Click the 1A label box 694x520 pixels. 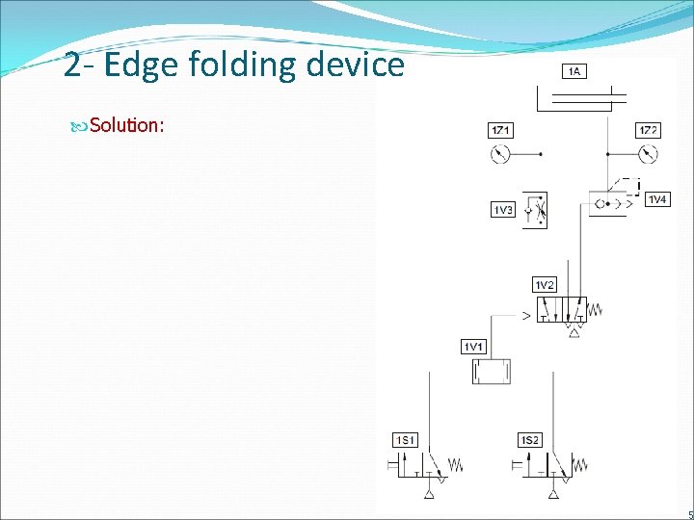[574, 70]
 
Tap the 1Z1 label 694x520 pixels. [500, 130]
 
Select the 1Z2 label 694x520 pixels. [649, 130]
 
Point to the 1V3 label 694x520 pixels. [502, 210]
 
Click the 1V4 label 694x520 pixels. [656, 199]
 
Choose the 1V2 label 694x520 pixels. [545, 284]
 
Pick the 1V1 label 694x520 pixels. [474, 346]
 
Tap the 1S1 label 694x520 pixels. [406, 440]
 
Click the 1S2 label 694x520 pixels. [530, 440]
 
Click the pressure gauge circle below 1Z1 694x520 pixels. [499, 153]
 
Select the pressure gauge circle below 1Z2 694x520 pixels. [649, 153]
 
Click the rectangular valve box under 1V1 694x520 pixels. [491, 372]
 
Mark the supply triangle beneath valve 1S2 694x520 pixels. [553, 494]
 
